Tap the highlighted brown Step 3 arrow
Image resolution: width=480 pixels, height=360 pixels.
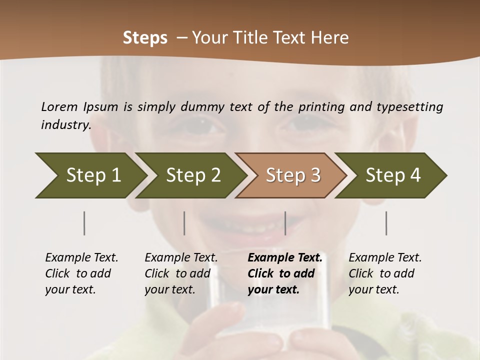coord(293,175)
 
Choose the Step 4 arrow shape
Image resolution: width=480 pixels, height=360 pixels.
coord(393,175)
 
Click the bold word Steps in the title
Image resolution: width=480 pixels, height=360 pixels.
coord(145,38)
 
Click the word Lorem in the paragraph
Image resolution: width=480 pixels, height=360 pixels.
coord(59,106)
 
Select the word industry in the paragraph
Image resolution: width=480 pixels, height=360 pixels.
coord(65,124)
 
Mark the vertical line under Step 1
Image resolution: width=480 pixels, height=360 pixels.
coord(84,223)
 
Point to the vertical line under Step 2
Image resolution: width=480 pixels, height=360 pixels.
coord(184,223)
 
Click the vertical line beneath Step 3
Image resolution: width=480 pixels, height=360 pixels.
coord(285,223)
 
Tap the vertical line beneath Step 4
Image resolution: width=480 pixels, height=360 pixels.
coord(386,223)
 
